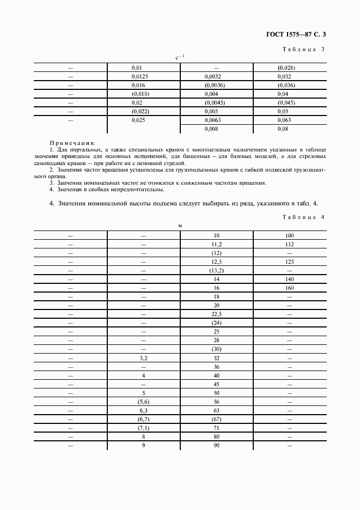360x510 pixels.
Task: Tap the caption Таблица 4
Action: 303,217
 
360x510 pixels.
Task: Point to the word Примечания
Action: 72,142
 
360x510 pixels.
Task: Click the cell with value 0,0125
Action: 140,76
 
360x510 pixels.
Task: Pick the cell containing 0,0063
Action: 214,120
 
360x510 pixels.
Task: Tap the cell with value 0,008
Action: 212,129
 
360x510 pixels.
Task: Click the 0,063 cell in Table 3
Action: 284,120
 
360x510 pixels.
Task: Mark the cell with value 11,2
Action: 216,245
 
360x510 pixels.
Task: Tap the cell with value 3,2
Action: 143,359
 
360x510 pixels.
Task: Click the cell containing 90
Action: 216,445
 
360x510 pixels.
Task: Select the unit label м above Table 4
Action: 180,225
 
